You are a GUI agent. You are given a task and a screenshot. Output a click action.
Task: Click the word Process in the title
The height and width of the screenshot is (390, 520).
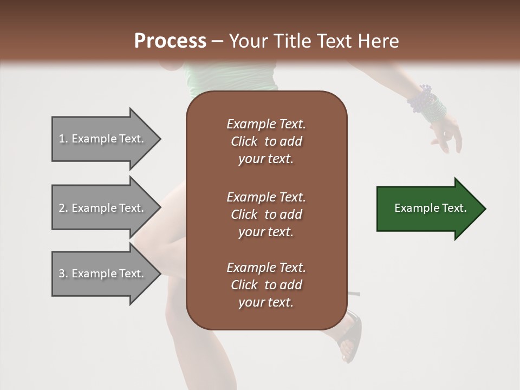pyautogui.click(x=170, y=41)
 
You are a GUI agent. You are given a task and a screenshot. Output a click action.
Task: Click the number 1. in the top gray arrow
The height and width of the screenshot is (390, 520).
pyautogui.click(x=63, y=139)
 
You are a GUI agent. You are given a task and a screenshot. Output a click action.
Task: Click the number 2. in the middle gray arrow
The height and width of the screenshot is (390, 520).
pyautogui.click(x=63, y=208)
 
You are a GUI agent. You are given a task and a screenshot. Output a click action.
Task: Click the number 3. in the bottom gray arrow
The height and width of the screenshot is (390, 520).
pyautogui.click(x=63, y=274)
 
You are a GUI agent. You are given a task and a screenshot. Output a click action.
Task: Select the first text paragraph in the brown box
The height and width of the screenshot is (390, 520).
pyautogui.click(x=266, y=141)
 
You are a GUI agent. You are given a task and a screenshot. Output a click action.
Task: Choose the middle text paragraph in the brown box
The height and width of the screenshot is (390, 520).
pyautogui.click(x=266, y=214)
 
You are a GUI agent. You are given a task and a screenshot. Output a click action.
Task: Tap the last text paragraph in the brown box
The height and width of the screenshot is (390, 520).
pyautogui.click(x=266, y=285)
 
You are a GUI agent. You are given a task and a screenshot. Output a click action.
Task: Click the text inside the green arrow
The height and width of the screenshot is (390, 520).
pyautogui.click(x=431, y=209)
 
